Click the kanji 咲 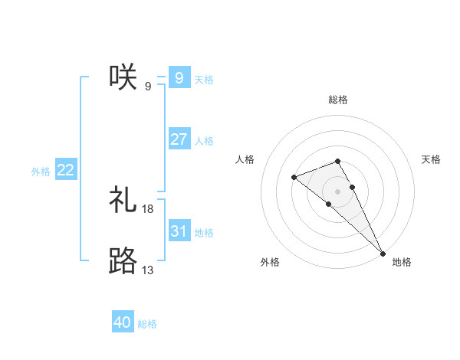pyautogui.click(x=123, y=77)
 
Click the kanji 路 pyautogui.click(x=123, y=261)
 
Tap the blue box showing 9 pyautogui.click(x=179, y=77)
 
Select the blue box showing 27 pyautogui.click(x=179, y=139)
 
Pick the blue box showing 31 pyautogui.click(x=179, y=231)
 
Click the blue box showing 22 pyautogui.click(x=65, y=171)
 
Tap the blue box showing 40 pyautogui.click(x=123, y=322)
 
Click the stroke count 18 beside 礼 pyautogui.click(x=148, y=208)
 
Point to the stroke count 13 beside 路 pyautogui.click(x=148, y=270)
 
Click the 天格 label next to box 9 pyautogui.click(x=204, y=79)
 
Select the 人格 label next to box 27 pyautogui.click(x=204, y=141)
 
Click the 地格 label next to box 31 pyautogui.click(x=204, y=232)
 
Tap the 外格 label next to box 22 pyautogui.click(x=41, y=172)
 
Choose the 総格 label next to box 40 pyautogui.click(x=147, y=324)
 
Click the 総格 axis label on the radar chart pyautogui.click(x=338, y=100)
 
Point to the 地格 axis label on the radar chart pyautogui.click(x=402, y=262)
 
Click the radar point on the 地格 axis pyautogui.click(x=383, y=253)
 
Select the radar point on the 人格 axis pyautogui.click(x=294, y=178)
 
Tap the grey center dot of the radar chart pyautogui.click(x=337, y=191)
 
